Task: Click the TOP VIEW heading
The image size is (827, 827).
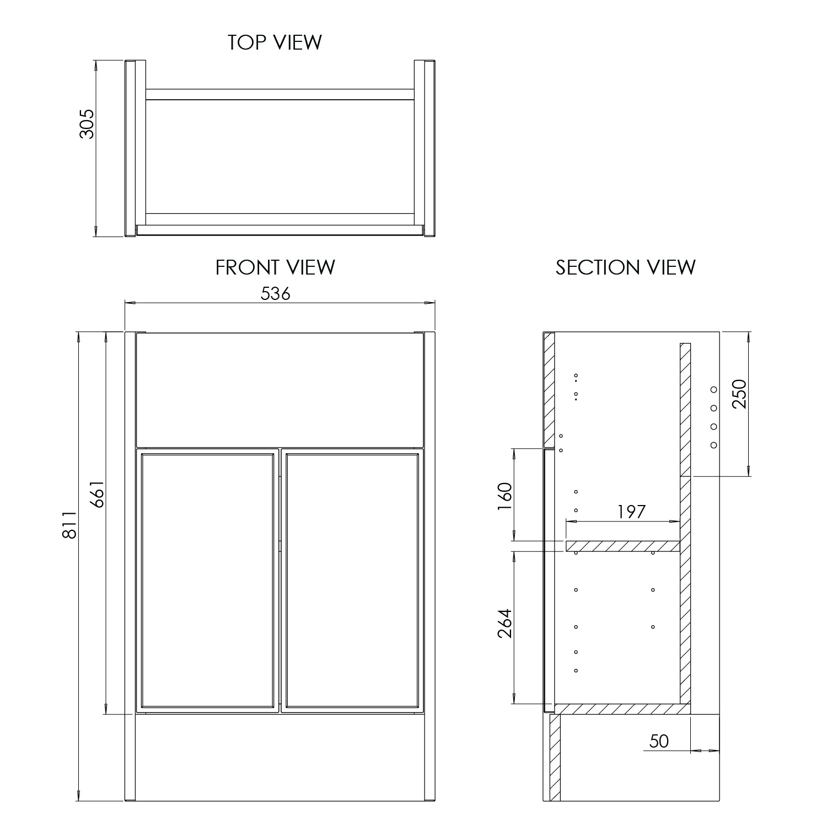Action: point(275,42)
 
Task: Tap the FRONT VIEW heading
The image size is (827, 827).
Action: point(275,267)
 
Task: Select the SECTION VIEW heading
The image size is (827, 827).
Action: point(625,267)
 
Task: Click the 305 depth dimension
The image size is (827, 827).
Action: point(87,123)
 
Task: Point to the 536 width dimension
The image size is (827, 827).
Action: point(275,294)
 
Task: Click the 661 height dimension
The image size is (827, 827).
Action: point(97,494)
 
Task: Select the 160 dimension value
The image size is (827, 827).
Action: point(504,496)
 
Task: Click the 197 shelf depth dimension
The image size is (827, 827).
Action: point(631,512)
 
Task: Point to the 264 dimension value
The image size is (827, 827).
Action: point(504,623)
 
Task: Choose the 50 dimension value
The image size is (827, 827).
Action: point(659,741)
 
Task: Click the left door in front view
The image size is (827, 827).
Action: point(207,580)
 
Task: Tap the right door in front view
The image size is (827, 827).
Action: point(352,580)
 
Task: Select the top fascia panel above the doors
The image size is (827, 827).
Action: point(280,389)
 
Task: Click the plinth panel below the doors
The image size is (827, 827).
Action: point(280,758)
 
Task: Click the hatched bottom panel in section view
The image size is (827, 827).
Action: point(622,709)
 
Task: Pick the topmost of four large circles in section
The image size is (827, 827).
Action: point(713,389)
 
